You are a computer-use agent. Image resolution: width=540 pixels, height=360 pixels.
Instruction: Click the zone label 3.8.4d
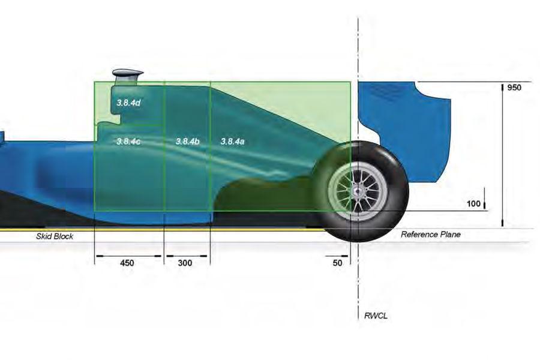coord(128,103)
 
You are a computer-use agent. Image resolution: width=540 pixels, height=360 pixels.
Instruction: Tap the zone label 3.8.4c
coord(128,141)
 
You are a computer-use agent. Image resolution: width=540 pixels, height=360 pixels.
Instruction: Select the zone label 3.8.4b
coord(187,141)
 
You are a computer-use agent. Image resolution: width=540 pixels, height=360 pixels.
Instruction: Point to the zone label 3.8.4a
coord(232,141)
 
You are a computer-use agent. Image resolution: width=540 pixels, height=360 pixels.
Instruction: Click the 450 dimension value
coord(127,263)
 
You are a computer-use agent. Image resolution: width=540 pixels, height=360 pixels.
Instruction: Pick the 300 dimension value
coord(185,263)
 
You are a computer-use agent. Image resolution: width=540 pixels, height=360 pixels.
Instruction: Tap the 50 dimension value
coord(337,263)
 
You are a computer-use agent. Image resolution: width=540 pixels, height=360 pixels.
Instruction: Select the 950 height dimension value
coord(514,88)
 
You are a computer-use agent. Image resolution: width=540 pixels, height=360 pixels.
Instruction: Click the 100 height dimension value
coord(473,203)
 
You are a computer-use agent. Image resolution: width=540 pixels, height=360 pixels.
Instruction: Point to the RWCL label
coord(376,316)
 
